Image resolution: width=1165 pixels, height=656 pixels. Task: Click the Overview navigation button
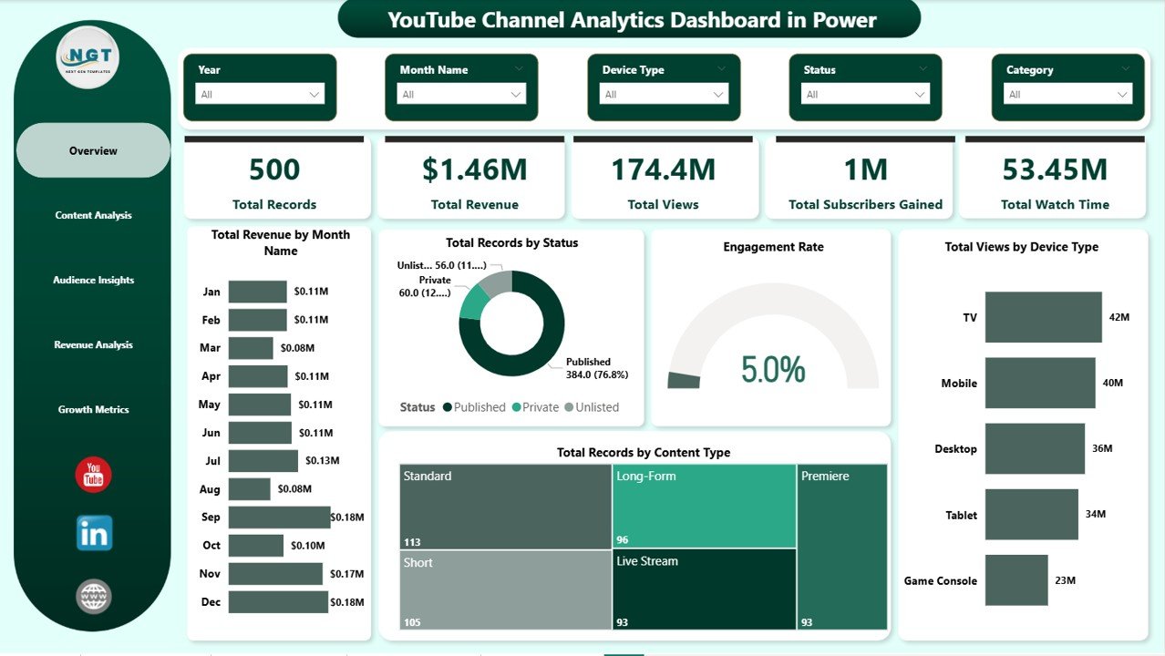click(x=93, y=150)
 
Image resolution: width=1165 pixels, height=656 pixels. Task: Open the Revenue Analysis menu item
click(x=93, y=344)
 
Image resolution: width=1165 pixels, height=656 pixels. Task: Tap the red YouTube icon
click(x=93, y=475)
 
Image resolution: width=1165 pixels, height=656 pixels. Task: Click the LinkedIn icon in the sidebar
click(x=94, y=533)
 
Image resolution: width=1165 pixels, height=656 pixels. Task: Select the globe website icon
click(x=94, y=597)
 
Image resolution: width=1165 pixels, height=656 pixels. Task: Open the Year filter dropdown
click(x=260, y=94)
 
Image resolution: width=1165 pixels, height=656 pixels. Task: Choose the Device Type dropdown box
click(x=664, y=94)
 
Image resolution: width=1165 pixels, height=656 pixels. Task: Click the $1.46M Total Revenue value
click(x=474, y=169)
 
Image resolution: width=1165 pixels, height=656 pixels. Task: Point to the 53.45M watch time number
click(x=1055, y=169)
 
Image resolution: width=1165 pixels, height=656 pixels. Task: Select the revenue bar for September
click(x=279, y=517)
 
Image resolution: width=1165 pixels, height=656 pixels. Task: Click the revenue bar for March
click(x=251, y=348)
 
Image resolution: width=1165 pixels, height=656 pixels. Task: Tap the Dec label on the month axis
click(x=210, y=602)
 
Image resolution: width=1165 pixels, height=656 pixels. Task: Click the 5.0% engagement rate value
click(x=773, y=369)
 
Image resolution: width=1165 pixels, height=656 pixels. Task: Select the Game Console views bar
click(x=1016, y=580)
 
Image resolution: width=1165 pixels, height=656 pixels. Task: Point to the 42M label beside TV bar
click(x=1119, y=317)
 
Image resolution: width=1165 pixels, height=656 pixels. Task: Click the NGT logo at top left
click(x=88, y=57)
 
